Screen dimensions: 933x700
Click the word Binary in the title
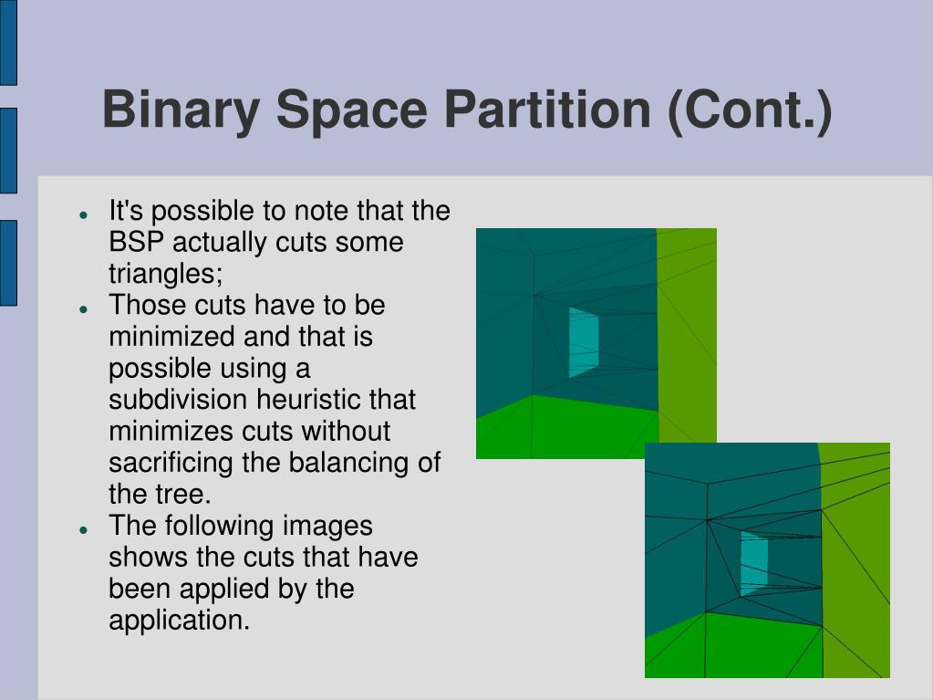tap(181, 110)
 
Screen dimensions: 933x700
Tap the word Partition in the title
tap(547, 109)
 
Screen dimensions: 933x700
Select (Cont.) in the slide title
tap(750, 110)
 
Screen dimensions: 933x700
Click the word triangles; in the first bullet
tap(165, 275)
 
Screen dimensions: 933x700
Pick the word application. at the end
tap(179, 621)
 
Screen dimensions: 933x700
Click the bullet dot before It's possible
tap(84, 214)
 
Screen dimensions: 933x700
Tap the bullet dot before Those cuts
tap(84, 308)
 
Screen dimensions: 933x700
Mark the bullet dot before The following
tap(84, 529)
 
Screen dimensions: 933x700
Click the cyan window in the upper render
tap(583, 342)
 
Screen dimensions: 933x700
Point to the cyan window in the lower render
tap(754, 564)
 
